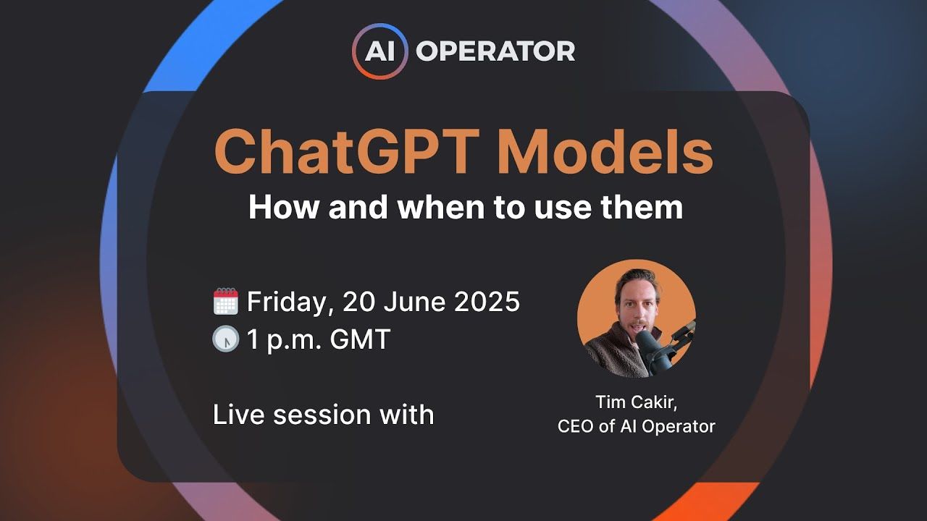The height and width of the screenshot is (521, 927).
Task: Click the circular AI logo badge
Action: [x=380, y=51]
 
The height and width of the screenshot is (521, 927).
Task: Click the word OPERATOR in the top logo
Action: [x=495, y=51]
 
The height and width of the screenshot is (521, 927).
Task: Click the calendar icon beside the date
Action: [x=226, y=302]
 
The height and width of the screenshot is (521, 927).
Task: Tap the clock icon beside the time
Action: [x=226, y=339]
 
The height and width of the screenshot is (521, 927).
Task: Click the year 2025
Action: [x=487, y=302]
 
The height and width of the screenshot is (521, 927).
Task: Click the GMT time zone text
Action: [x=360, y=339]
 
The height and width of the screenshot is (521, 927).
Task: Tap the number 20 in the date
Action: [x=358, y=302]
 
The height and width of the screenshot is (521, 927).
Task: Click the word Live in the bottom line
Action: [x=236, y=415]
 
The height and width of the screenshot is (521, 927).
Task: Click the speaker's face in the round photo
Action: [x=632, y=310]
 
